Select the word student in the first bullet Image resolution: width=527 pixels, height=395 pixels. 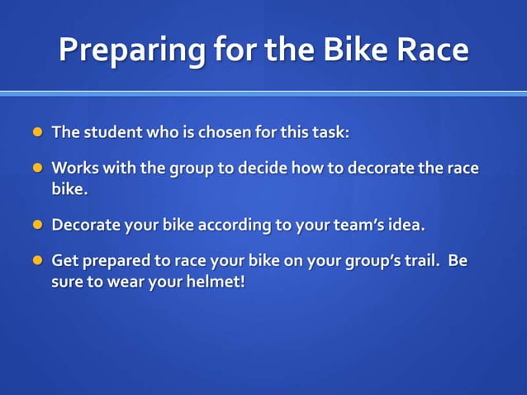click(112, 132)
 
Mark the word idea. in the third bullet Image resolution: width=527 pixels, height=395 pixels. click(406, 225)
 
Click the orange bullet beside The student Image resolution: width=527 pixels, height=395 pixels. click(36, 132)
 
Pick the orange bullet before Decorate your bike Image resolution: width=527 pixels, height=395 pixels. click(36, 225)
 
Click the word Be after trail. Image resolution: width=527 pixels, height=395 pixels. click(458, 261)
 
